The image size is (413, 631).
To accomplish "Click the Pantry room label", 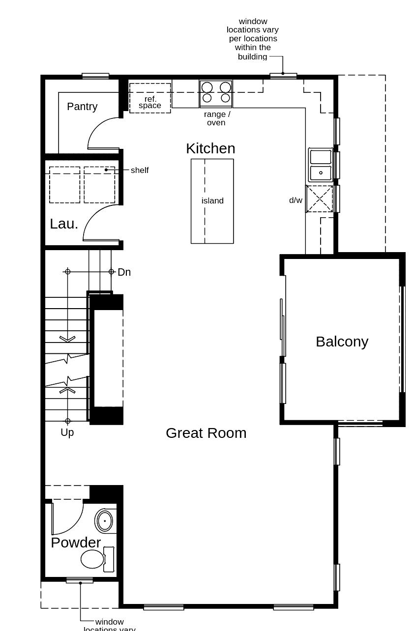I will [x=82, y=107].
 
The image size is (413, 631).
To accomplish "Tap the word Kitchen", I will [x=210, y=148].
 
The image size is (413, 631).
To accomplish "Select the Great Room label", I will [x=206, y=433].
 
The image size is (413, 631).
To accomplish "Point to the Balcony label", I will [x=342, y=342].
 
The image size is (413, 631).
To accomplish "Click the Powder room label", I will [x=76, y=543].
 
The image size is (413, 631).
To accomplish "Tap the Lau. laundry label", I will [x=64, y=224].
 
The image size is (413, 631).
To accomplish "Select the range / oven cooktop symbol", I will [x=216, y=93].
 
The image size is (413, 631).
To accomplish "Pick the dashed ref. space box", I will [x=150, y=98].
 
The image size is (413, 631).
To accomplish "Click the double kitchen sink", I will [x=320, y=165].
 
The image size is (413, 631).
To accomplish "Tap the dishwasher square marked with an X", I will [x=320, y=199].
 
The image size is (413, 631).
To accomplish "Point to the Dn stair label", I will [x=124, y=272].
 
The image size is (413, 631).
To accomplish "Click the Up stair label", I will [x=67, y=432].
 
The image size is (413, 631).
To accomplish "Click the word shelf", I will [x=140, y=171].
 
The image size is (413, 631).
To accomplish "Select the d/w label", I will [x=295, y=201].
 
